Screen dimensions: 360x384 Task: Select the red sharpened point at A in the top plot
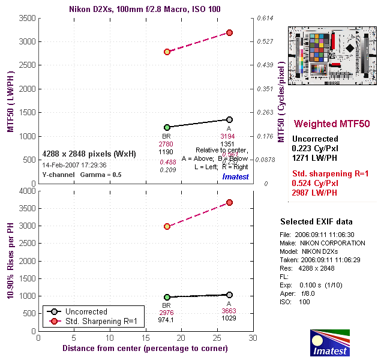[229, 32]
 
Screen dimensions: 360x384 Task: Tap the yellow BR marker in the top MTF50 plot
[167, 52]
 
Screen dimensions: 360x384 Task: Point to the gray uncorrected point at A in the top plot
[229, 119]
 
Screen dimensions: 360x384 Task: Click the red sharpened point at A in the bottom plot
[229, 203]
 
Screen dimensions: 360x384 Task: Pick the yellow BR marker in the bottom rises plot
[167, 227]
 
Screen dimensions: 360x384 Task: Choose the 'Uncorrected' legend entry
[86, 312]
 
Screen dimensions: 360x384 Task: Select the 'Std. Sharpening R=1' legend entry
[100, 322]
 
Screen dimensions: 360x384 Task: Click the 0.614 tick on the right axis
[266, 19]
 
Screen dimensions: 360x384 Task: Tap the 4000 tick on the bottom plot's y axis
[26, 191]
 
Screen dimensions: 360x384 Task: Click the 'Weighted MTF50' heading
[331, 124]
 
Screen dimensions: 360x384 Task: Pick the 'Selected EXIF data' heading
[316, 221]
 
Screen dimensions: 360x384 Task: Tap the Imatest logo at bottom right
[329, 343]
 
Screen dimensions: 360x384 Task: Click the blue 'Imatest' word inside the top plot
[235, 176]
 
